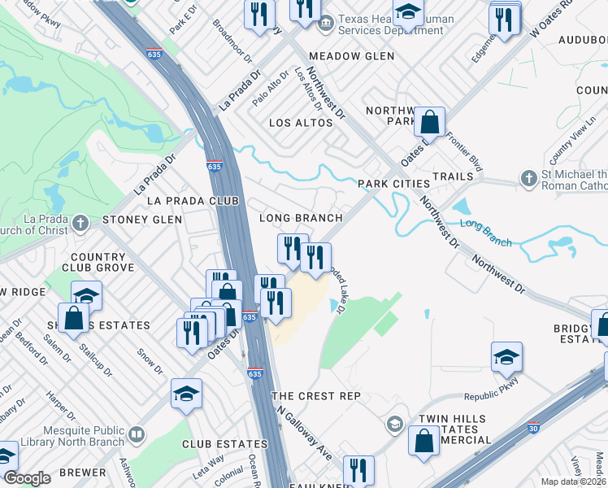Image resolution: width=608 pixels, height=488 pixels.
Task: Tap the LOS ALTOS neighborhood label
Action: point(301,123)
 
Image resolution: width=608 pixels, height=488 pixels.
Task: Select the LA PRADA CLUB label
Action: point(192,200)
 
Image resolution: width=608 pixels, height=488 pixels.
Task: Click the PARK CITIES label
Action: point(394,184)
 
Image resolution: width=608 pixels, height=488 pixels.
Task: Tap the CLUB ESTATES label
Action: point(224,444)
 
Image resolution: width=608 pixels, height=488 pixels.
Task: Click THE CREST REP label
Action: point(315,395)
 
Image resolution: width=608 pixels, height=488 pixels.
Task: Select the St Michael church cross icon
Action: point(528,178)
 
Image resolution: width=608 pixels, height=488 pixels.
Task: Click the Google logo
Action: point(27,477)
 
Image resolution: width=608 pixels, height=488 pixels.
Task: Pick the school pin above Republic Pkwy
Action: point(506,357)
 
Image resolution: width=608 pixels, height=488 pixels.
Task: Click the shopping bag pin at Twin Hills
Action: point(425,442)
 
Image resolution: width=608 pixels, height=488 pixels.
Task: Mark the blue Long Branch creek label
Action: point(486,232)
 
